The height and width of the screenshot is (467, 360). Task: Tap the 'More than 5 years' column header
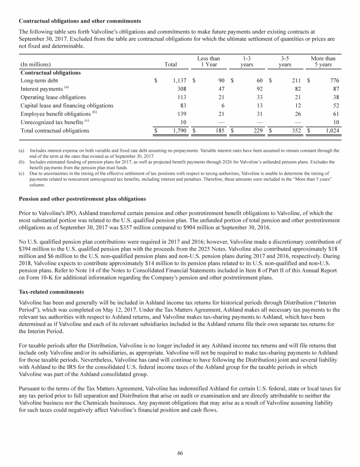(323, 61)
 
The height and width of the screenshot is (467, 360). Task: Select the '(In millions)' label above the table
(36, 64)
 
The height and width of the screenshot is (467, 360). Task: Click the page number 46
(180, 452)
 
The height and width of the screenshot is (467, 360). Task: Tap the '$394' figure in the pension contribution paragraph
(25, 251)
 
